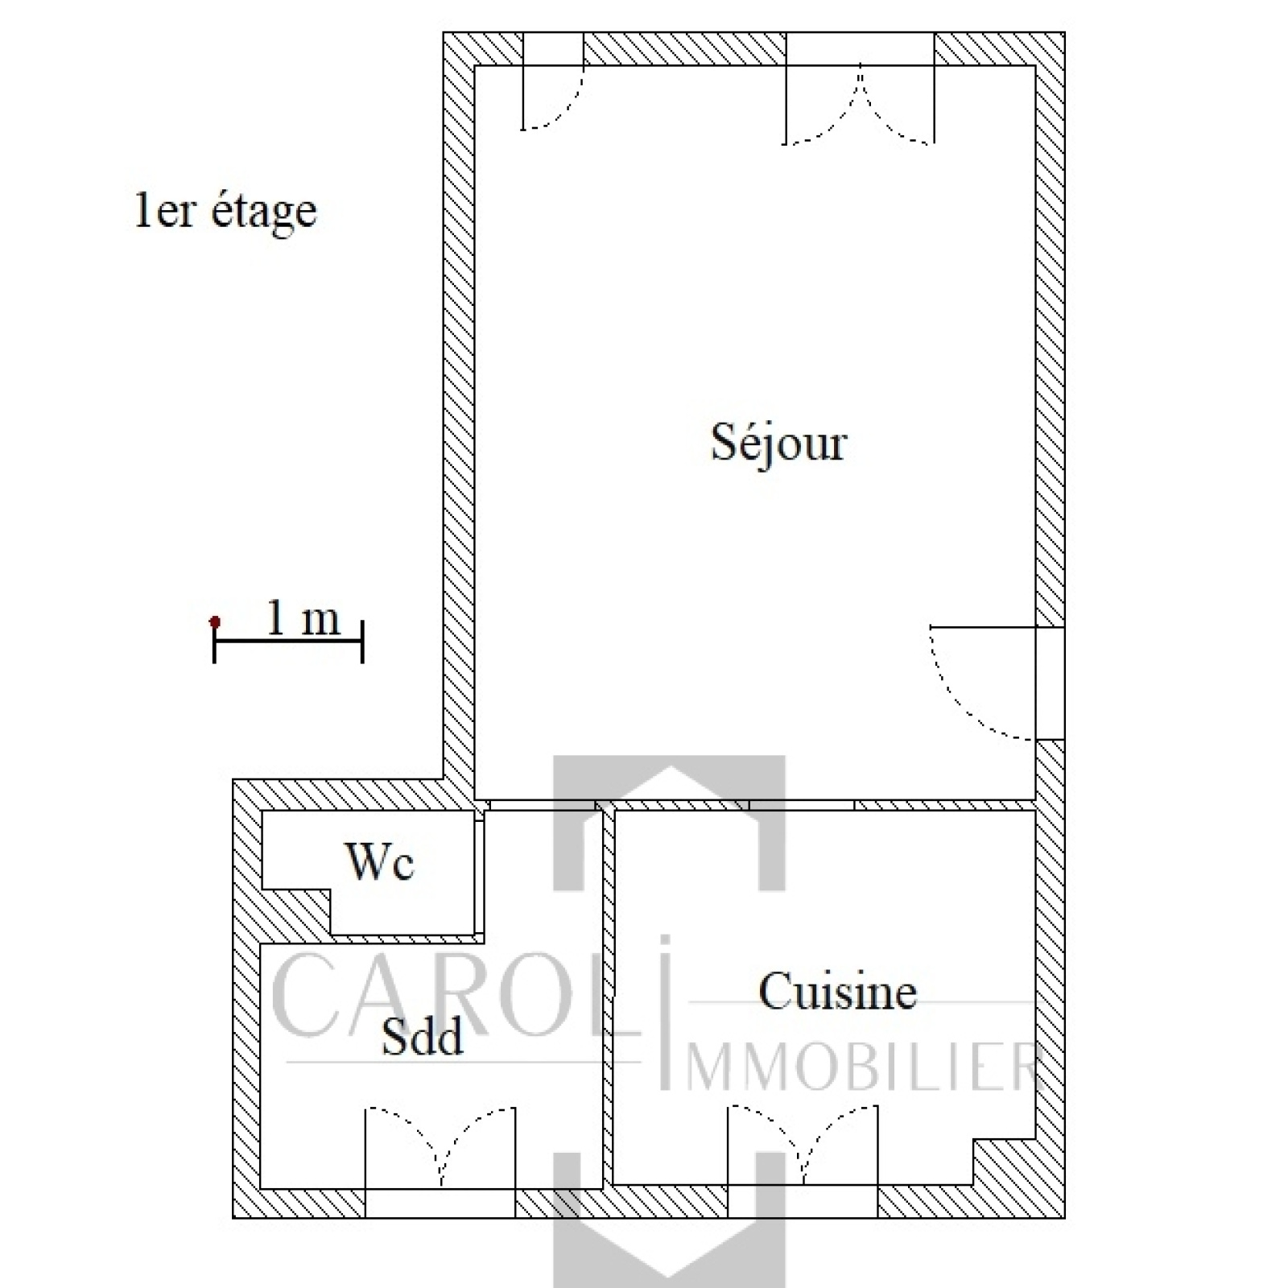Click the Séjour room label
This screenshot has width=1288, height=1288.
pos(779,444)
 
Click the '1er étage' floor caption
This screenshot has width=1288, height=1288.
pos(225,211)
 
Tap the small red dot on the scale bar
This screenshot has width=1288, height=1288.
pos(214,621)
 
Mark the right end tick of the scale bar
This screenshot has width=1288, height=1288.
pos(362,642)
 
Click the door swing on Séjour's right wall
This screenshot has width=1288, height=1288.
pos(982,682)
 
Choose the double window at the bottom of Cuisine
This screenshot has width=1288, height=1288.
pos(803,1160)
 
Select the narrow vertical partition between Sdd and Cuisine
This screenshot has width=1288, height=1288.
pos(609,997)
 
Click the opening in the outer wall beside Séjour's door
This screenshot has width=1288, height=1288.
pos(1050,683)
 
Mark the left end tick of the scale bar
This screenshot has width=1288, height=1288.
pos(214,642)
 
